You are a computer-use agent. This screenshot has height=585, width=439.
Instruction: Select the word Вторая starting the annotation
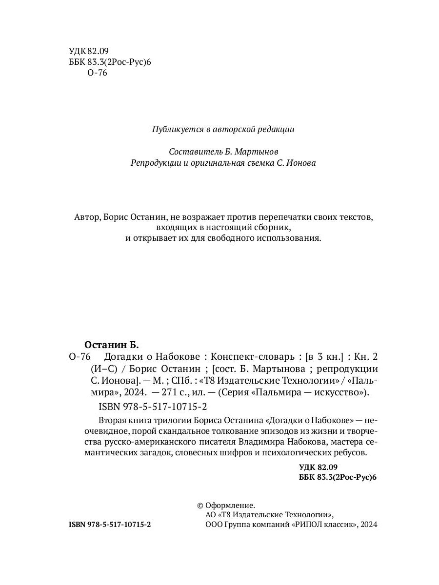point(112,420)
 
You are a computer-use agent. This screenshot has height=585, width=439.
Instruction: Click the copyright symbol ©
point(199,506)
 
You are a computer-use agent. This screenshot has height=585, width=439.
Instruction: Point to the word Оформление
point(230,506)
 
